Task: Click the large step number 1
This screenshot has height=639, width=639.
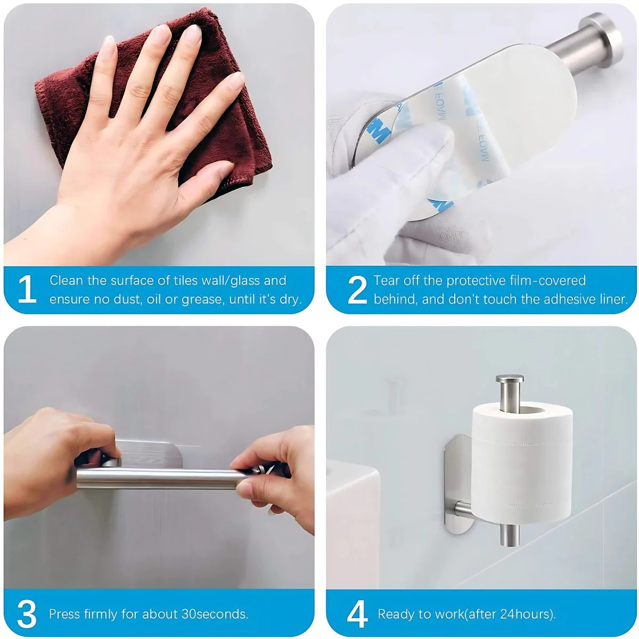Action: (x=27, y=289)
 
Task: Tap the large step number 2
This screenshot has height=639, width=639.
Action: (x=357, y=290)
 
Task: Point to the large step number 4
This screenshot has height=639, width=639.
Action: (x=357, y=614)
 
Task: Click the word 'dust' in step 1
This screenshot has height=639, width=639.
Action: (x=125, y=299)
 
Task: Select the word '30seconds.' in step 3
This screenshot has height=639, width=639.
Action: (x=215, y=614)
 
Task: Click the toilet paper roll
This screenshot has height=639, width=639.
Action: (x=522, y=461)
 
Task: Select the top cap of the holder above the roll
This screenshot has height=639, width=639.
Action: (x=510, y=378)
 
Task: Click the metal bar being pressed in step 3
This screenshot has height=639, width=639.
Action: (x=159, y=478)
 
